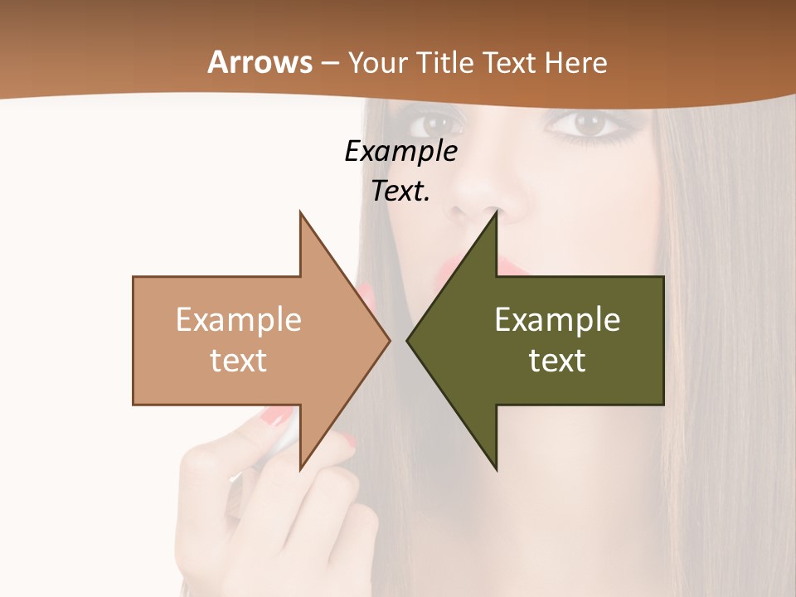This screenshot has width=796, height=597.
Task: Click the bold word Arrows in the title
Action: tap(260, 62)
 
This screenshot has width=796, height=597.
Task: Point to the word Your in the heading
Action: tap(377, 62)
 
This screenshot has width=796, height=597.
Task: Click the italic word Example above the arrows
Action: tap(400, 152)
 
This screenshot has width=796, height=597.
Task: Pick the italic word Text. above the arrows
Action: tap(400, 191)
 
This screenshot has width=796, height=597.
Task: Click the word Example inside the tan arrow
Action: tap(239, 320)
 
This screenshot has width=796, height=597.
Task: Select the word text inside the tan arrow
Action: tap(239, 361)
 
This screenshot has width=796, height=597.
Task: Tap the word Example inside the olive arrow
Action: tap(557, 320)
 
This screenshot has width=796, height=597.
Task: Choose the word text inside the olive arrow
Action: tap(557, 361)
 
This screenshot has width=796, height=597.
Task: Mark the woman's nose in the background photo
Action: tap(481, 199)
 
